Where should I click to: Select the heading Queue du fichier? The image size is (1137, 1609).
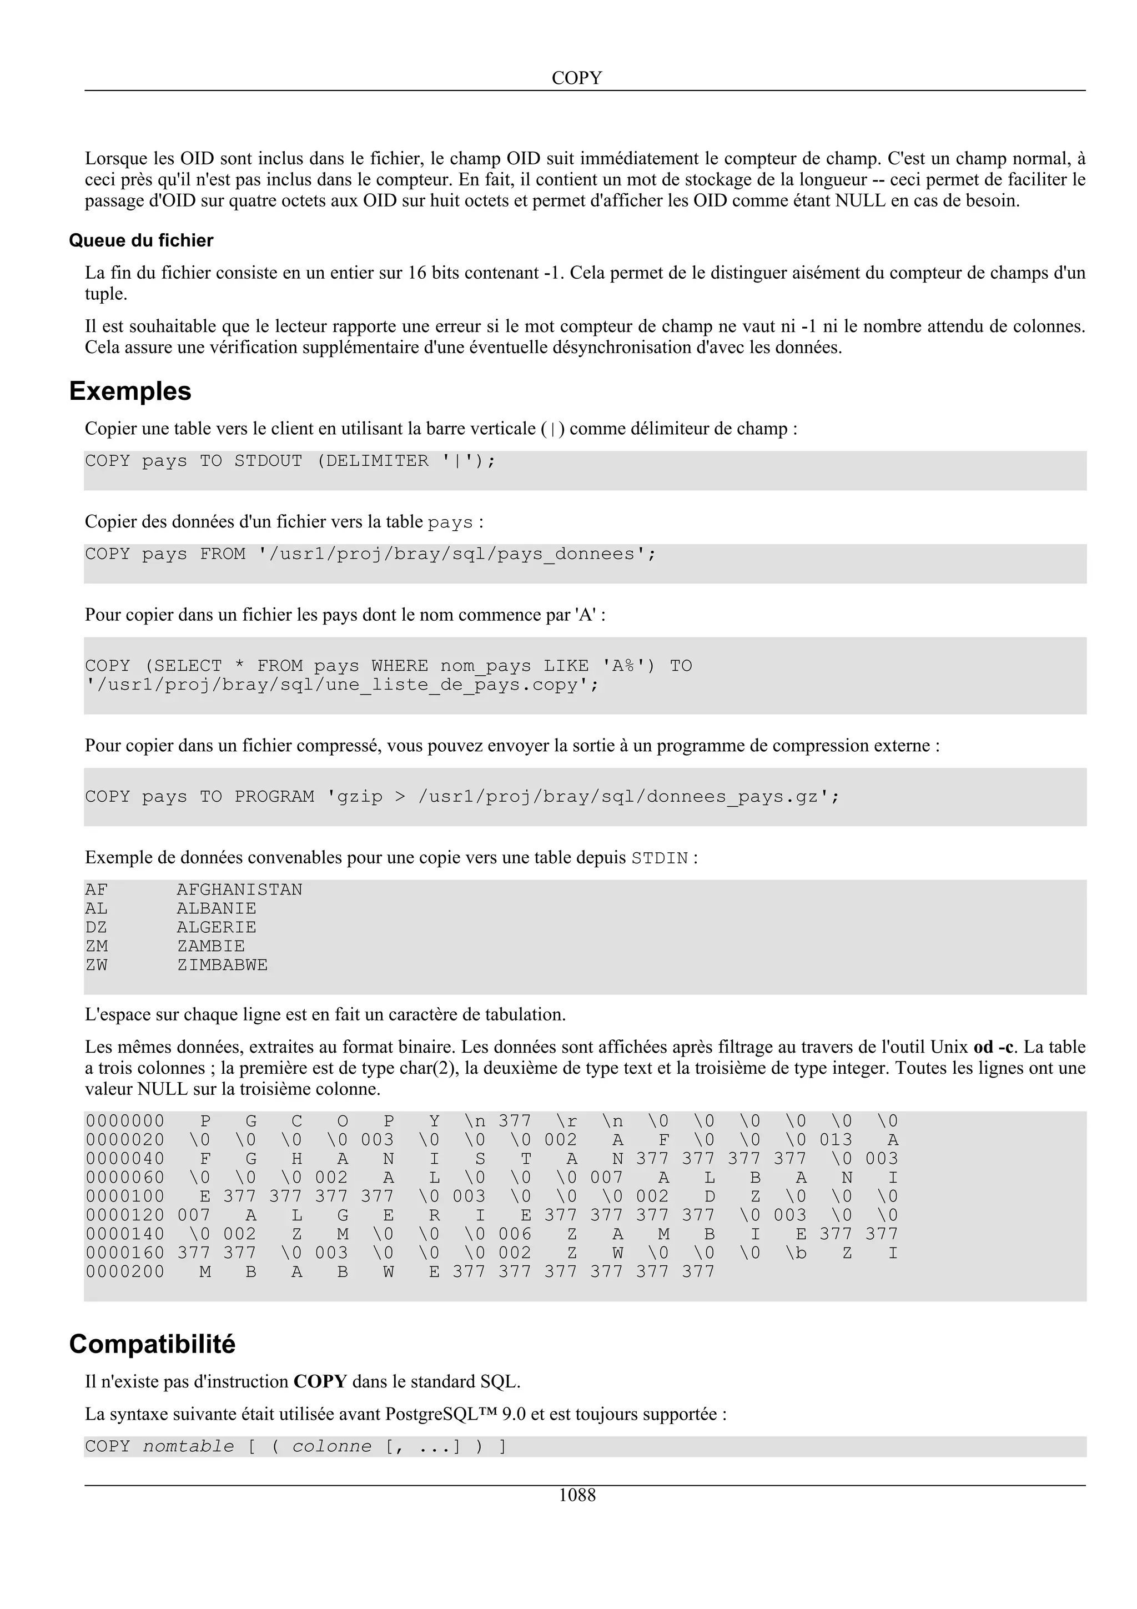point(141,240)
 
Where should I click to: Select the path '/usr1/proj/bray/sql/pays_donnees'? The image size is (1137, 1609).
point(456,554)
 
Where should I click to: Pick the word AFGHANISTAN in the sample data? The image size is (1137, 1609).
point(240,890)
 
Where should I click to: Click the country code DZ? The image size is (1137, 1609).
point(96,928)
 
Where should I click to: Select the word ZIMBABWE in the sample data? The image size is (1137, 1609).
point(222,966)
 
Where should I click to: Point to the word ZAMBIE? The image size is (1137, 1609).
point(211,947)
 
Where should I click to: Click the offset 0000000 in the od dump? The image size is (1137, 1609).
point(125,1122)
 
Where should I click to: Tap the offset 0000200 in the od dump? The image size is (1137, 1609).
point(125,1272)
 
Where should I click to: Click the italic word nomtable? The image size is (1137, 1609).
point(188,1446)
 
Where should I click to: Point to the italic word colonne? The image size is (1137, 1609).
point(331,1446)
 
